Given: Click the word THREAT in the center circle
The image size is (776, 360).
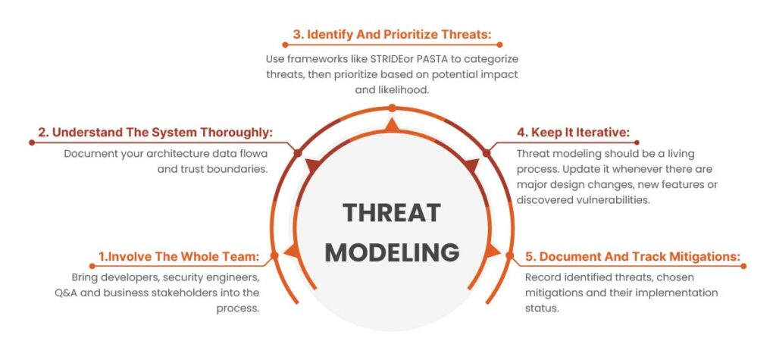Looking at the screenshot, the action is click(x=392, y=213).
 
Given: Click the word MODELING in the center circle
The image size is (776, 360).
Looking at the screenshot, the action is click(x=392, y=252).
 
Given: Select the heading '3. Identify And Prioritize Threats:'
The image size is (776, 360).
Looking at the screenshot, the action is click(x=391, y=34).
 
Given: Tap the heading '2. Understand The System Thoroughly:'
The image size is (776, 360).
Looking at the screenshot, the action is click(x=155, y=133).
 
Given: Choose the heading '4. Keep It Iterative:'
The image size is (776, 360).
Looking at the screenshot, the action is click(x=573, y=133).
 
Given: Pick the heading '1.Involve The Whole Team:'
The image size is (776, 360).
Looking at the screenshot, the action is click(x=179, y=256).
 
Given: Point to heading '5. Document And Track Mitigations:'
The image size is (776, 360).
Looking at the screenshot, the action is click(x=633, y=256).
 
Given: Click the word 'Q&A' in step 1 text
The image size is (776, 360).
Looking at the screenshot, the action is click(x=65, y=292).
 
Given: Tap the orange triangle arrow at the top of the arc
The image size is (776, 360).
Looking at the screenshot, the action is click(x=392, y=125).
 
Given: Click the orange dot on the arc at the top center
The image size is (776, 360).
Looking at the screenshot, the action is click(x=392, y=108).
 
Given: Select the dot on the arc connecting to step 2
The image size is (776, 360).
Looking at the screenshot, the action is click(x=297, y=153).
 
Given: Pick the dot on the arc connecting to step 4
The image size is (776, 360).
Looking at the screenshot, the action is click(x=487, y=153).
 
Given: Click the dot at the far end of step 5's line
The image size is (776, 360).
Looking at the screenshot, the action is click(x=743, y=266).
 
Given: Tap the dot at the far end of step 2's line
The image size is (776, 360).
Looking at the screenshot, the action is click(x=32, y=142).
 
